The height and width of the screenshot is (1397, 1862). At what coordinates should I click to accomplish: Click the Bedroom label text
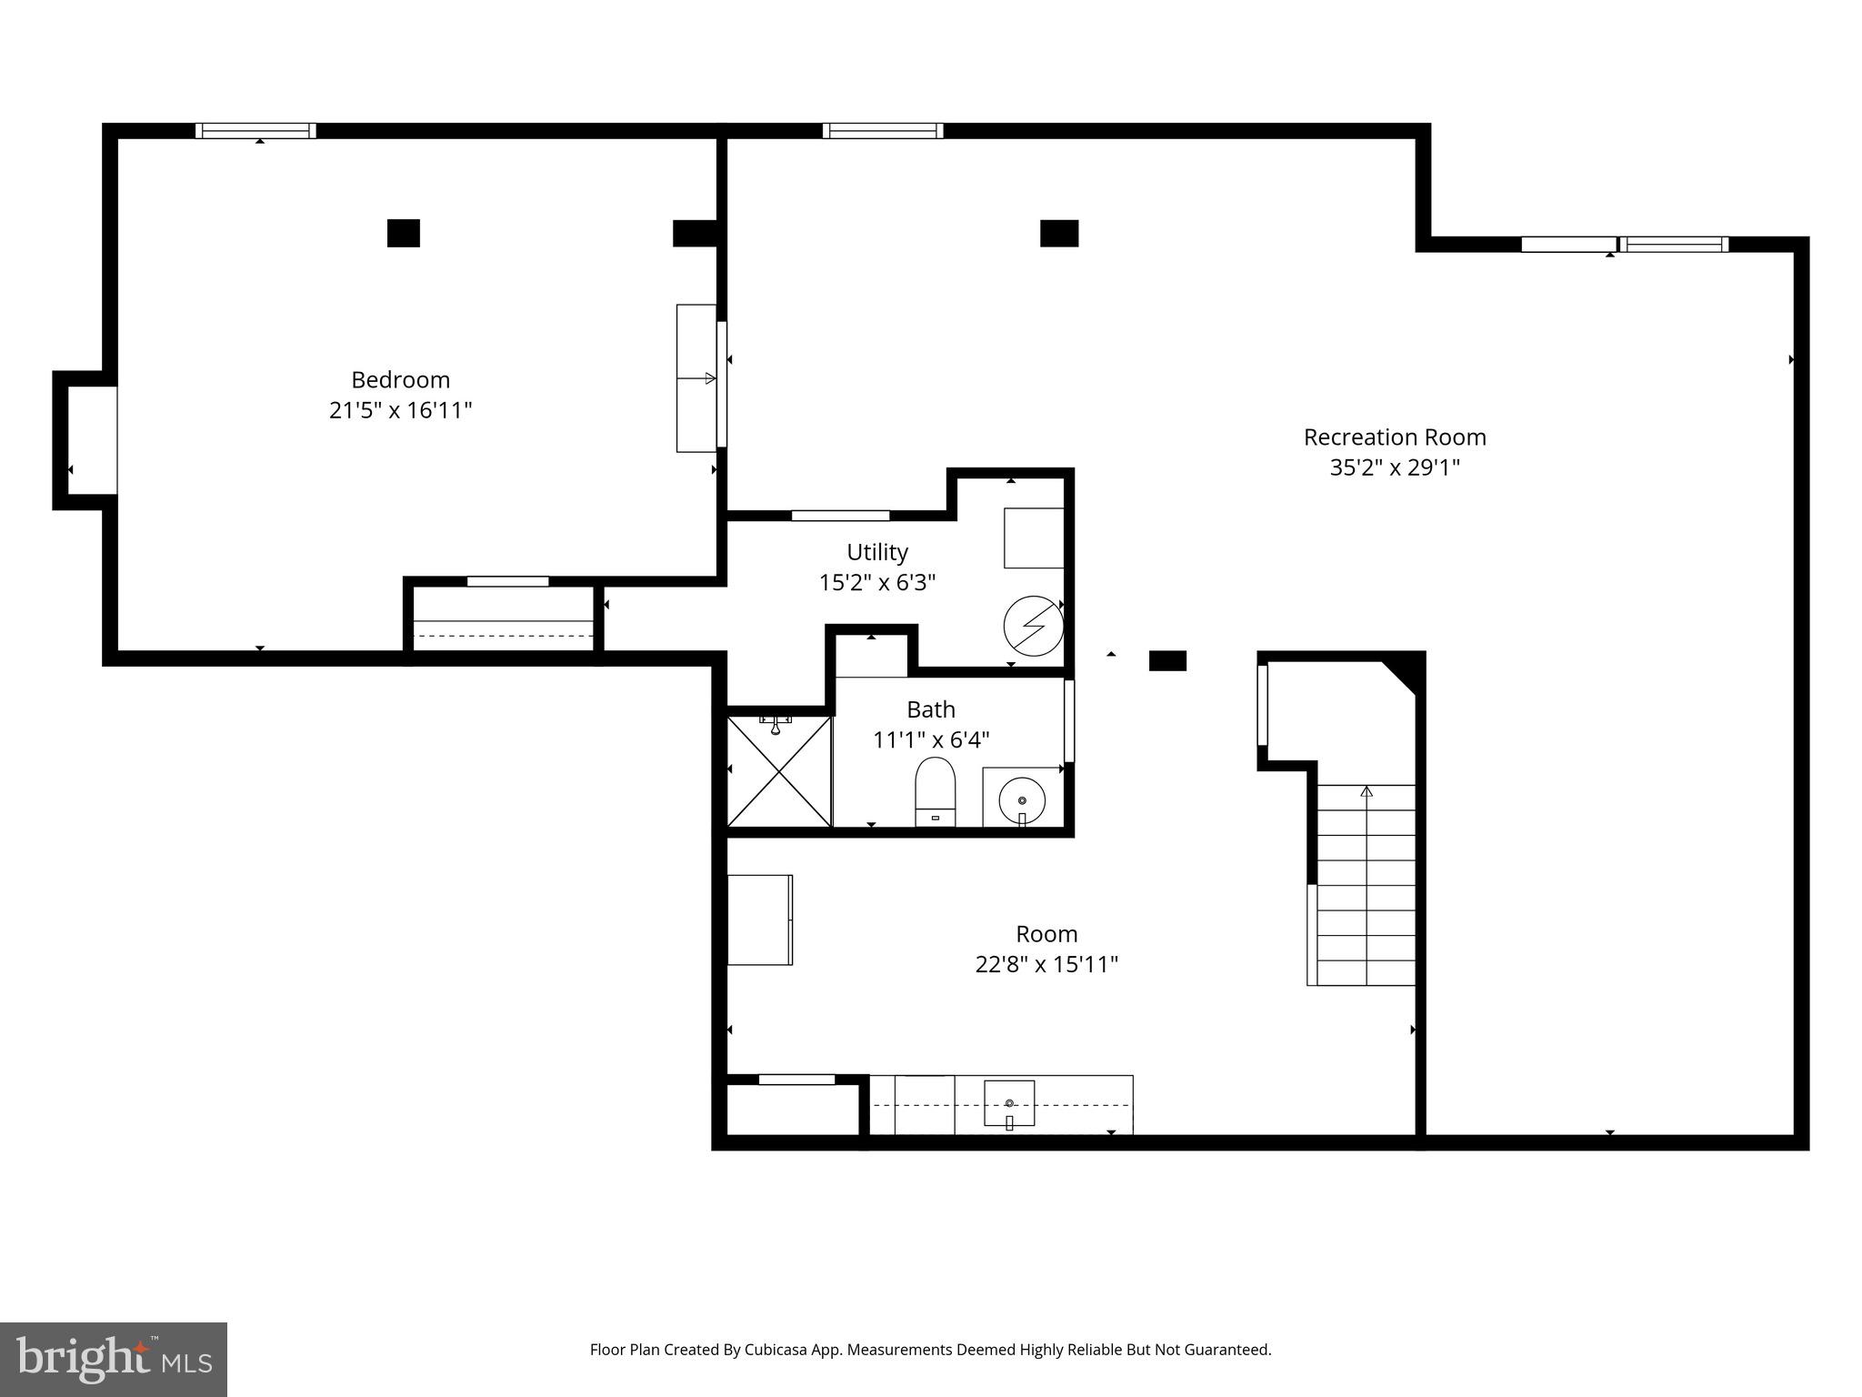[400, 379]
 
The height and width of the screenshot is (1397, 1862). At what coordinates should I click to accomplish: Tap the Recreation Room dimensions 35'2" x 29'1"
[1395, 467]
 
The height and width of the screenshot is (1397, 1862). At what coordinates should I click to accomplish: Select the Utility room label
[876, 552]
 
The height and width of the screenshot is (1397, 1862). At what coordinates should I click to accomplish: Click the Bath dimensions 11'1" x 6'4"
[930, 740]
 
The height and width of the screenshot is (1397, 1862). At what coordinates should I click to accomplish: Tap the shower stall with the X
[779, 771]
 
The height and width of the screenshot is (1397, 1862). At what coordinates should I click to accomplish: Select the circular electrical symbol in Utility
[1033, 626]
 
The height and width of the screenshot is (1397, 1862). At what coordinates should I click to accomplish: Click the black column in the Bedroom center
[404, 233]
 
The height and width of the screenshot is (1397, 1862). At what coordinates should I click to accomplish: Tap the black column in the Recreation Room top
[1059, 234]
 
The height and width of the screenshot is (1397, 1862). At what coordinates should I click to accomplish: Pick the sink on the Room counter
[1009, 1103]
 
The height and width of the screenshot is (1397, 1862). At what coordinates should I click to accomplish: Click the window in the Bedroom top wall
[256, 131]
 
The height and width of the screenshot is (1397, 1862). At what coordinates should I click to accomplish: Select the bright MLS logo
[114, 1360]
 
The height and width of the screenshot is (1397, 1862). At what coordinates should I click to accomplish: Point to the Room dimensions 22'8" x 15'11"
[1046, 964]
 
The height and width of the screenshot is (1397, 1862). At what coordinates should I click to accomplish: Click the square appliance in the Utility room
[1034, 538]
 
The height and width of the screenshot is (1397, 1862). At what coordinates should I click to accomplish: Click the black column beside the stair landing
[1167, 661]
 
